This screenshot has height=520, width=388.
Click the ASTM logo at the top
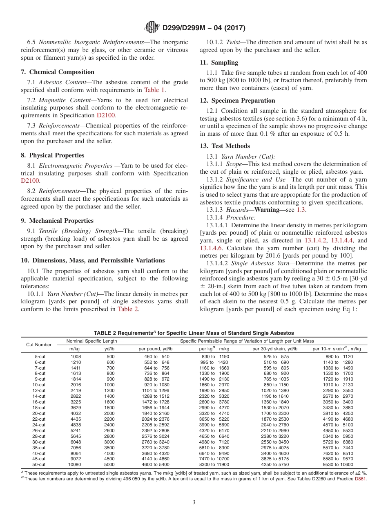click(x=152, y=28)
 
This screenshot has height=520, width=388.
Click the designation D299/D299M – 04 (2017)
click(x=203, y=28)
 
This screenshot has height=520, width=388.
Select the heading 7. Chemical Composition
click(x=58, y=72)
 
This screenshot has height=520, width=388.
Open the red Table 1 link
click(x=154, y=90)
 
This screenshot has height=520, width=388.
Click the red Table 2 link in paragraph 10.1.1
click(x=127, y=309)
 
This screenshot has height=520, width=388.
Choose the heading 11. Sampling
click(x=219, y=63)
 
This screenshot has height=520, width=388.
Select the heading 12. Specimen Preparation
click(x=237, y=101)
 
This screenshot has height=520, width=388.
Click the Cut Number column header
click(x=39, y=345)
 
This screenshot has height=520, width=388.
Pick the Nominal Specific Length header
click(x=92, y=341)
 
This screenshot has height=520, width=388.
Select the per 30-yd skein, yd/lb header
click(x=275, y=349)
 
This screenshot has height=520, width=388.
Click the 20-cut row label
click(x=40, y=413)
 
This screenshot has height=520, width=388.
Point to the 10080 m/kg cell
click(x=74, y=465)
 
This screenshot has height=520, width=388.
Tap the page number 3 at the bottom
click(x=194, y=502)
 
